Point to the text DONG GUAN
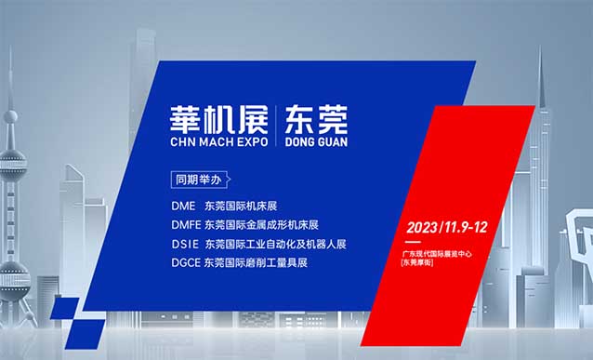(x=312, y=143)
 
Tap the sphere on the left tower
(x=11, y=118)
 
